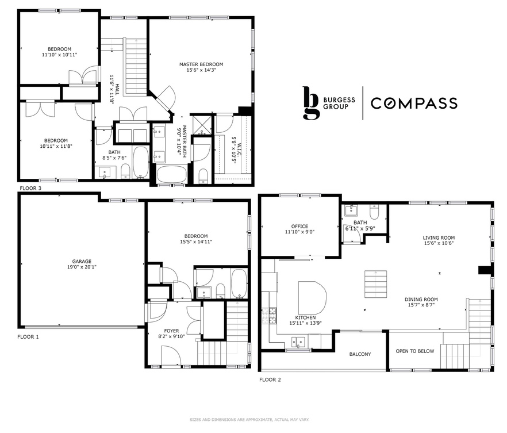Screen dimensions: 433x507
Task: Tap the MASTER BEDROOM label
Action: [x=201, y=64]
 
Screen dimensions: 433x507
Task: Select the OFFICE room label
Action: [x=299, y=227]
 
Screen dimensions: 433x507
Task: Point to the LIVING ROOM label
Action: [x=439, y=237]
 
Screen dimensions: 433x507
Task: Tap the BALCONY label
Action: [x=360, y=354]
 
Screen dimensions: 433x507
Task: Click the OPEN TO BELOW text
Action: [x=415, y=351]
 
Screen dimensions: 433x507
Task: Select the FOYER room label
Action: [x=171, y=331]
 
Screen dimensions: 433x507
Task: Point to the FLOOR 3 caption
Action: [x=30, y=188]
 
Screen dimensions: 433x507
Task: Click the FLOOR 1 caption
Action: [x=28, y=336]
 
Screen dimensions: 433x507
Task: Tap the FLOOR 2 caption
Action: [x=270, y=380]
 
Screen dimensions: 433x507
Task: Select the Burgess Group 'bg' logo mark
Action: [x=310, y=104]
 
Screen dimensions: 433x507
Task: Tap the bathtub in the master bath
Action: [x=171, y=174]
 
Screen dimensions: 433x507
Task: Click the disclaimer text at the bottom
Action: [x=253, y=420]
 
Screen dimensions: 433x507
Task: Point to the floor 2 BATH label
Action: [x=360, y=223]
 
